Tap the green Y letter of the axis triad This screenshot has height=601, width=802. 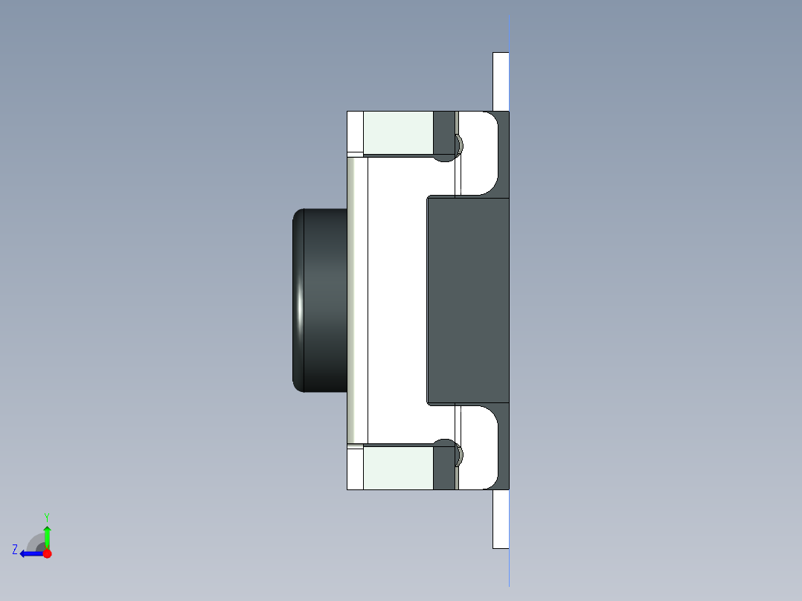point(46,515)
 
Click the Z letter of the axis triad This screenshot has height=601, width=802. point(15,550)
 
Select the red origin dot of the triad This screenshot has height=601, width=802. point(47,553)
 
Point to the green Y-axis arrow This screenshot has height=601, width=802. point(47,534)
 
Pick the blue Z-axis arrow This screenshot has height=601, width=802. point(30,553)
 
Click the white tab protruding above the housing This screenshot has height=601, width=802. point(501,81)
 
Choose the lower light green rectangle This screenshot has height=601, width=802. point(398,467)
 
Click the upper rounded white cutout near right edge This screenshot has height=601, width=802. point(479,152)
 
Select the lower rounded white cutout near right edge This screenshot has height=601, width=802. point(479,448)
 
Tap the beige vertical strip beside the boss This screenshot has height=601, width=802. point(357,300)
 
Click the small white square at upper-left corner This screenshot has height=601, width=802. point(355,132)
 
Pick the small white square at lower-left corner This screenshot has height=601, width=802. point(355,469)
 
